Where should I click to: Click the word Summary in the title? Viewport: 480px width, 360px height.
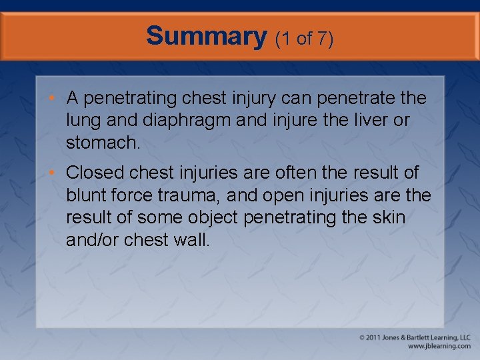tap(206, 36)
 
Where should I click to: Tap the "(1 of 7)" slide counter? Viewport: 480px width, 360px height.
tap(304, 39)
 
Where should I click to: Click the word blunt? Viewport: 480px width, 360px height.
tap(87, 195)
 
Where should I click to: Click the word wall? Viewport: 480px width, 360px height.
tap(194, 239)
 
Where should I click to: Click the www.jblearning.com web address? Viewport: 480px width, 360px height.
tap(438, 346)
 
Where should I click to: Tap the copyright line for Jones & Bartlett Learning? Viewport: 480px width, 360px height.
tap(414, 337)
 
